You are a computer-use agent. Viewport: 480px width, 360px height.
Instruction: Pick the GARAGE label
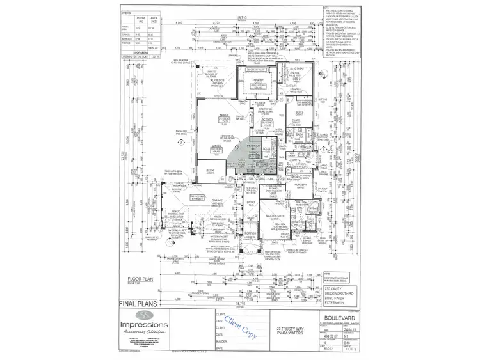point(216,200)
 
